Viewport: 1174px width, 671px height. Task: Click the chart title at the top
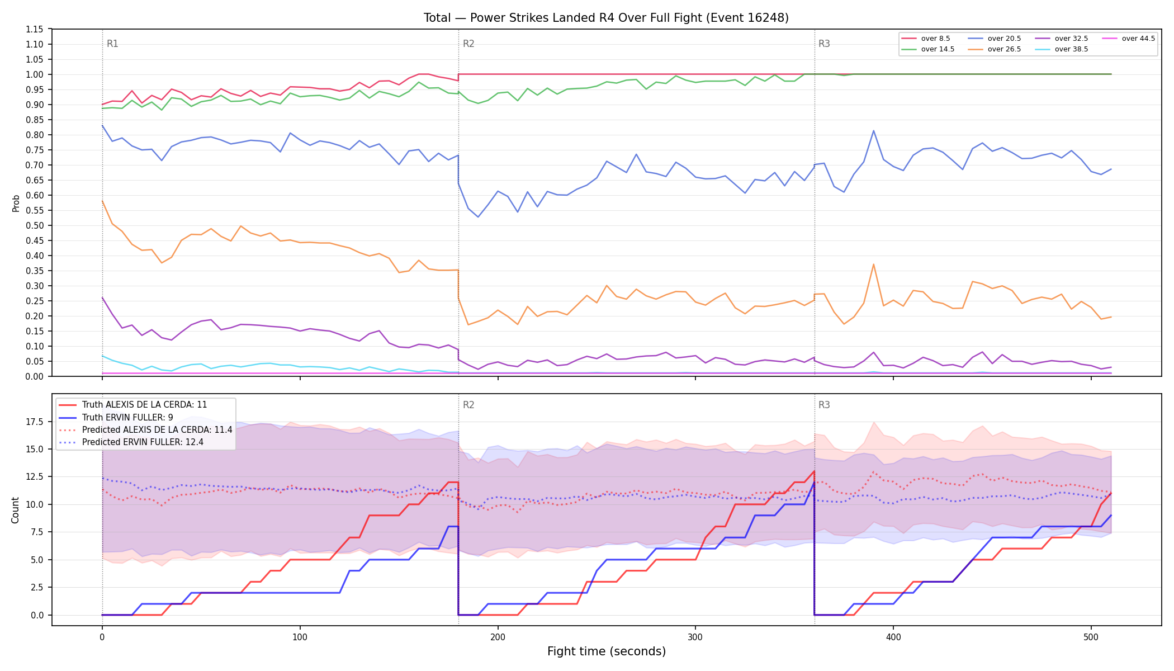click(606, 18)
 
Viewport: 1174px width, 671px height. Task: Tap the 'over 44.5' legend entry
click(1128, 39)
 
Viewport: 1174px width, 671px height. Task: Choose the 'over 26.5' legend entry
click(995, 49)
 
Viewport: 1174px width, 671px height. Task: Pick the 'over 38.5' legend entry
click(1062, 49)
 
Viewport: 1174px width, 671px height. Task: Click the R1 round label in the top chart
click(112, 44)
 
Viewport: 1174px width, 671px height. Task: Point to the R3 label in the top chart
click(824, 44)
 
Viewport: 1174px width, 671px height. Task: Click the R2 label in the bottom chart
click(468, 405)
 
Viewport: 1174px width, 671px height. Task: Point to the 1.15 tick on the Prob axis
click(35, 29)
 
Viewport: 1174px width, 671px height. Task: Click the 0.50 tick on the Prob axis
click(35, 225)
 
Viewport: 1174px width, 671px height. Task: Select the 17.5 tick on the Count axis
click(34, 422)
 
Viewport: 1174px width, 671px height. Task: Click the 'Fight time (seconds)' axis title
click(607, 651)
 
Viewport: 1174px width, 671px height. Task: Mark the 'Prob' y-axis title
click(16, 203)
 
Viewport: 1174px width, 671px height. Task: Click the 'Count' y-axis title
click(15, 510)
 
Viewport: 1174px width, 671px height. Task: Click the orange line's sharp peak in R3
click(873, 264)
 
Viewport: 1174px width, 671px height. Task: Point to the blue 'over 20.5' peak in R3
click(873, 131)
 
